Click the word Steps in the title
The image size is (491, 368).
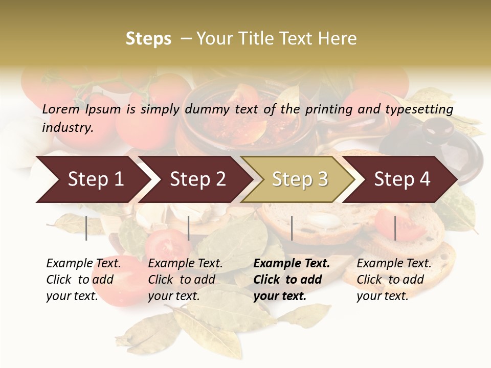pos(148,39)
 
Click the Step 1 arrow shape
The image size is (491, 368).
pos(92,179)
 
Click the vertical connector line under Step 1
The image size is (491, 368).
pos(86,228)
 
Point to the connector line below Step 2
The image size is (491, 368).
pos(189,228)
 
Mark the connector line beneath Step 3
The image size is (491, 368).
pos(292,228)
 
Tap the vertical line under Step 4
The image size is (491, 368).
pos(395,228)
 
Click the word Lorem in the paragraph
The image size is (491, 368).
pos(61,109)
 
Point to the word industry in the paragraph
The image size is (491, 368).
pos(68,128)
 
